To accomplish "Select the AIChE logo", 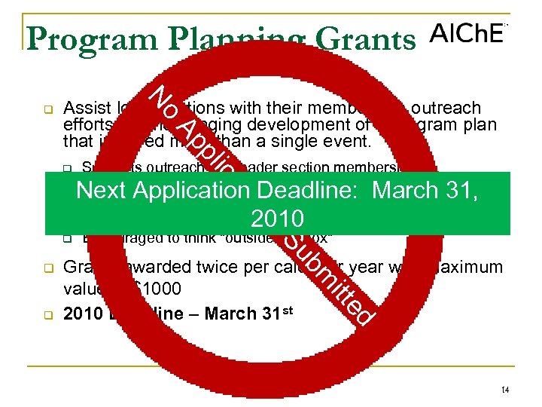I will [467, 35].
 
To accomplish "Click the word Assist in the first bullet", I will [84, 108].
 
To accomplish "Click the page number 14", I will [504, 389].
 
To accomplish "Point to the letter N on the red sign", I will [160, 95].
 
